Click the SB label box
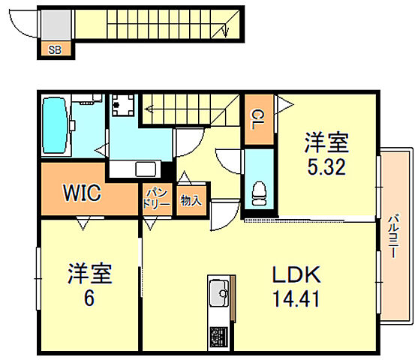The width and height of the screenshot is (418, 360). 55,50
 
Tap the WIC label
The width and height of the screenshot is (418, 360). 82,193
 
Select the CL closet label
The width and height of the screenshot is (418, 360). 257,118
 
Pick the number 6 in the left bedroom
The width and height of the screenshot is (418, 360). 89,298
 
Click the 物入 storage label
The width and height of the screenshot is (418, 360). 190,200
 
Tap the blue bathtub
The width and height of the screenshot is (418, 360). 54,125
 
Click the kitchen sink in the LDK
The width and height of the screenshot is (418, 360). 221,289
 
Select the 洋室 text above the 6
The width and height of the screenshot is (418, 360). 89,274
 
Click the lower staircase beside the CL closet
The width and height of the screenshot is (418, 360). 191,110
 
